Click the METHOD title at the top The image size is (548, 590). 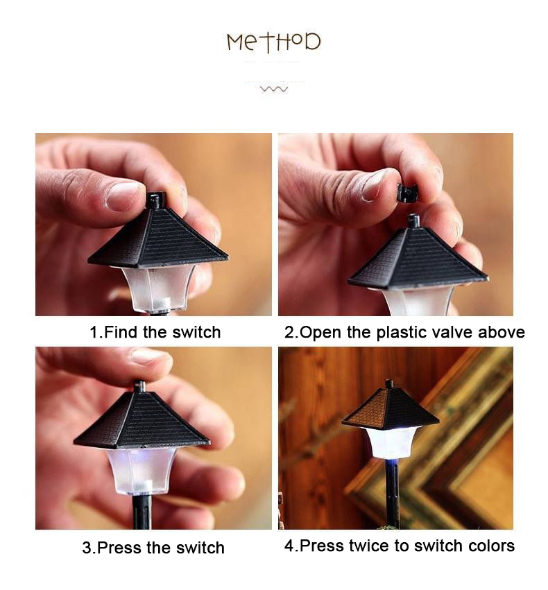tap(273, 42)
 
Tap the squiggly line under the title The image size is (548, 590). tap(274, 89)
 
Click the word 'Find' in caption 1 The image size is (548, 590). tap(121, 332)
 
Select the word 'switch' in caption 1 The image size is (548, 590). tap(196, 332)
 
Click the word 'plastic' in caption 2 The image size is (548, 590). tap(401, 333)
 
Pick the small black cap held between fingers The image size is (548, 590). tap(405, 192)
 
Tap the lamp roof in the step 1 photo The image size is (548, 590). tap(158, 235)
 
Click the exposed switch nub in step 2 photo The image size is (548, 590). tap(413, 220)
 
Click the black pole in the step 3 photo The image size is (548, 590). tap(142, 512)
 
